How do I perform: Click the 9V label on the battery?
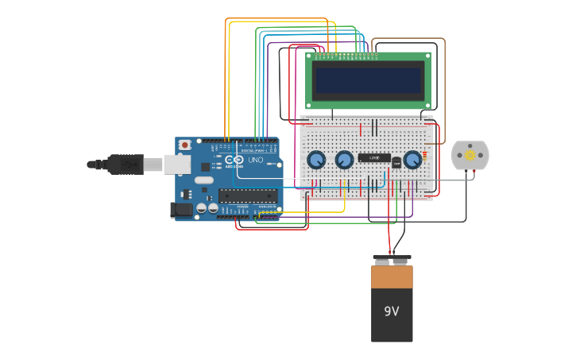point(391,311)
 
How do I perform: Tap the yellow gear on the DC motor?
point(470,155)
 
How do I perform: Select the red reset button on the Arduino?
point(185,145)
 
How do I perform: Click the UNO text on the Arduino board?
point(256,160)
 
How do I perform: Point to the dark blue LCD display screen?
point(368,80)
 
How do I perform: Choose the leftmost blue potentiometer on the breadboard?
point(316,160)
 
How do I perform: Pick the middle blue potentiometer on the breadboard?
point(344,160)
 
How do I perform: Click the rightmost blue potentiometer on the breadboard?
point(412,160)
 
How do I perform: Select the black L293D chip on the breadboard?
point(373,158)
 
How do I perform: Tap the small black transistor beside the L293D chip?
point(396,163)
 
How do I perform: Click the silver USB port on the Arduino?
point(176,165)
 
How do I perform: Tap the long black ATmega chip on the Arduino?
point(247,195)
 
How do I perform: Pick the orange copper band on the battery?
point(392,277)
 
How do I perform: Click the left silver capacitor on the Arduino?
point(202,208)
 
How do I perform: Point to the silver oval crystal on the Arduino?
point(204,180)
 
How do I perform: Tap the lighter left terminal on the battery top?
point(382,261)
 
